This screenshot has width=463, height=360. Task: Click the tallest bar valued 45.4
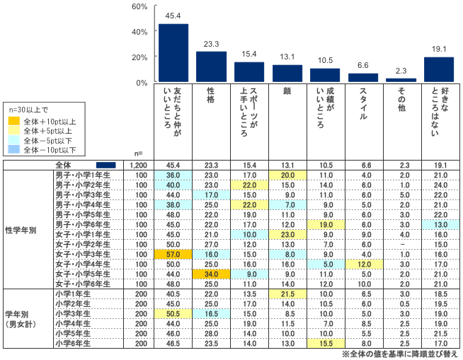pyautogui.click(x=173, y=53)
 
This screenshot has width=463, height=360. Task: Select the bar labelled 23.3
pyautogui.click(x=211, y=67)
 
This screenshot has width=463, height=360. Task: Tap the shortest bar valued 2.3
pyautogui.click(x=401, y=80)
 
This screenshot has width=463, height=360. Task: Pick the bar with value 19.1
pyautogui.click(x=438, y=70)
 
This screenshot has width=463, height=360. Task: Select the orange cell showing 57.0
pyautogui.click(x=173, y=252)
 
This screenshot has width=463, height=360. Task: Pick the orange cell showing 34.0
pyautogui.click(x=211, y=274)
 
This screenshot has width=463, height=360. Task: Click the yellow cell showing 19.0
pyautogui.click(x=325, y=224)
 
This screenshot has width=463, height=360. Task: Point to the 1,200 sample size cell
pyautogui.click(x=138, y=164)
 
